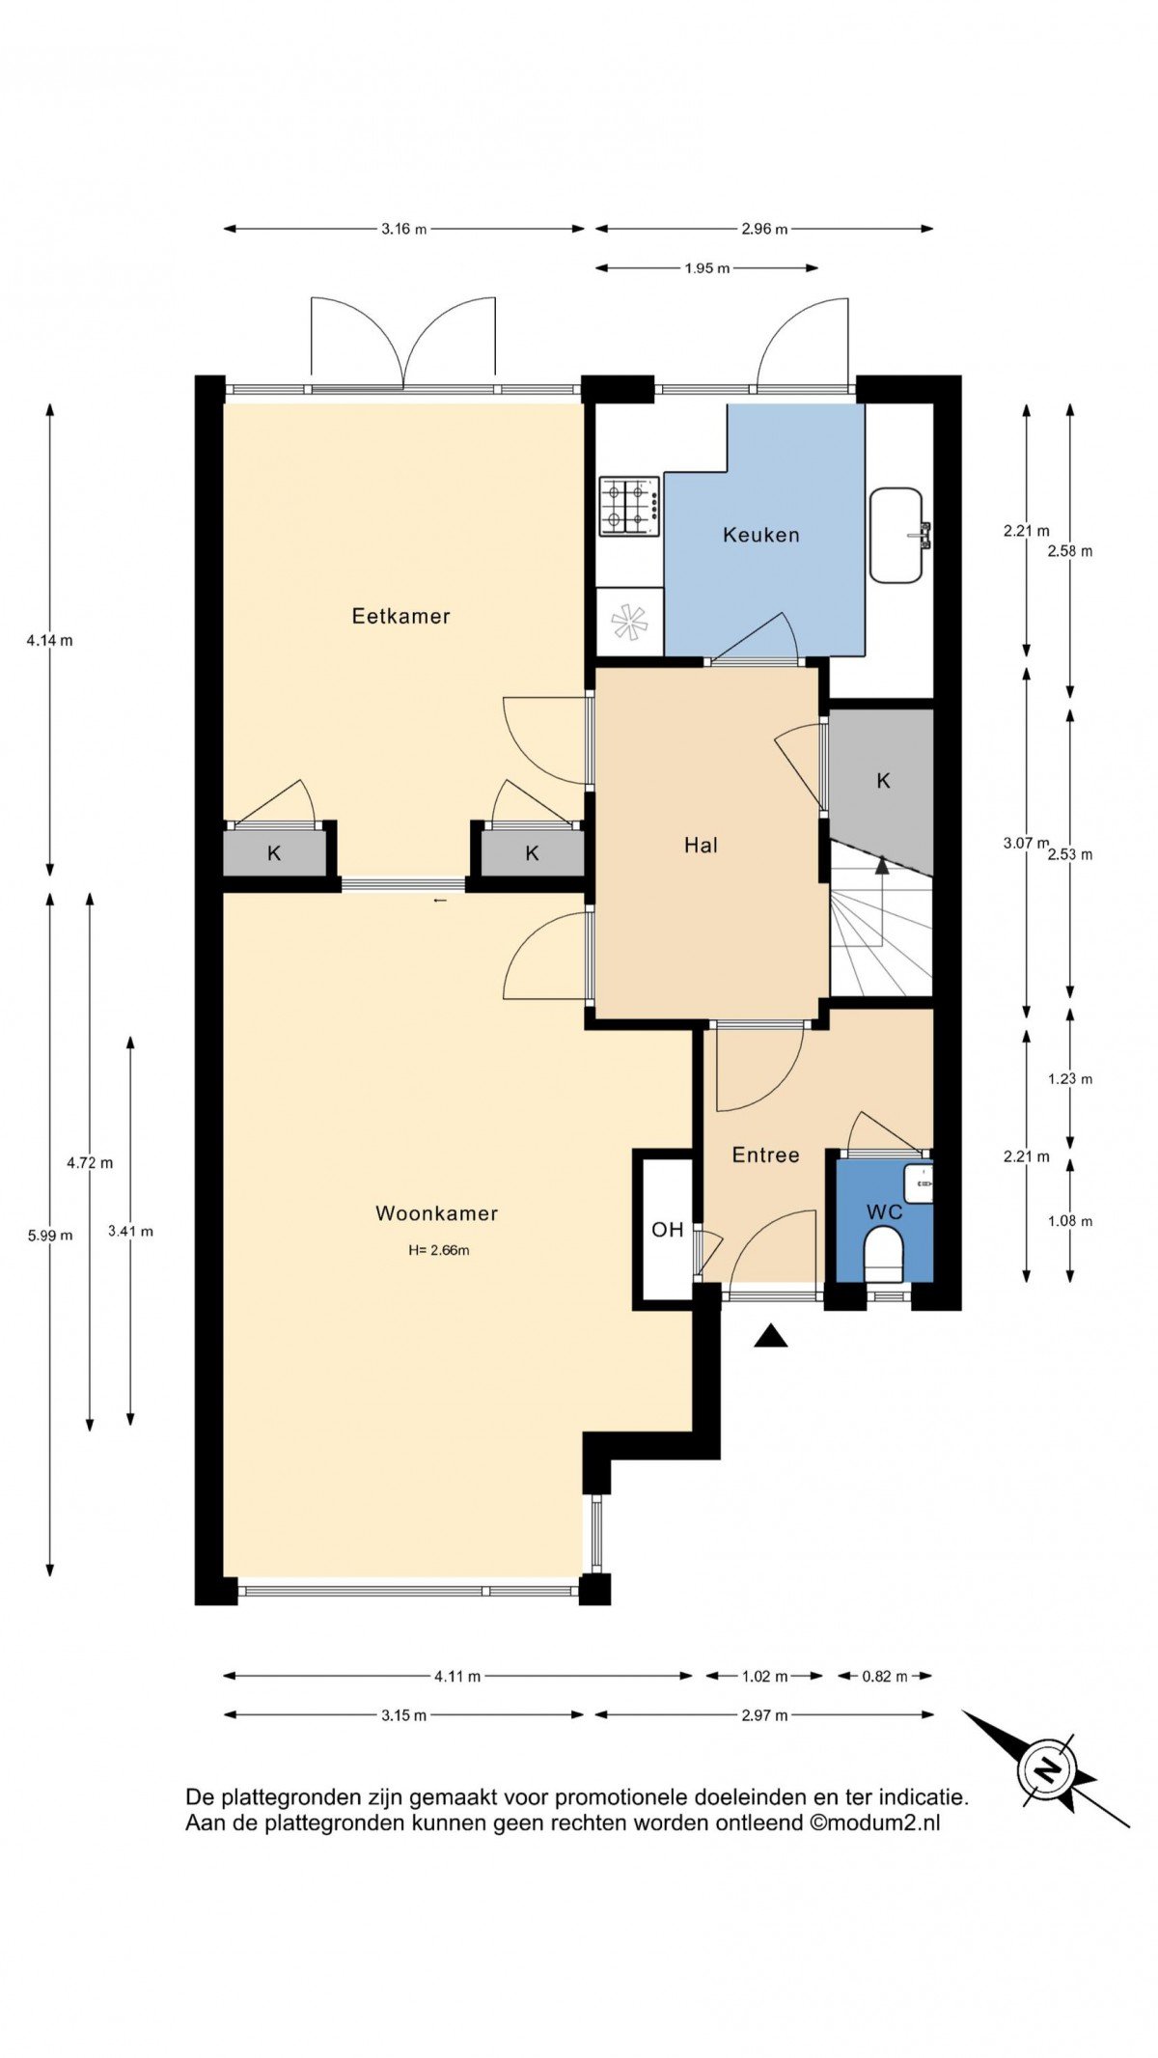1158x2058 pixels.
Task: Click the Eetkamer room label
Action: [x=400, y=616]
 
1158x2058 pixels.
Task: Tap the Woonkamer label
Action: [x=436, y=1213]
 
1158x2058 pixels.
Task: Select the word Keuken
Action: [x=761, y=535]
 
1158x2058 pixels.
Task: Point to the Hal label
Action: [x=701, y=846]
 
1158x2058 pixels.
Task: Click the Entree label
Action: [x=765, y=1154]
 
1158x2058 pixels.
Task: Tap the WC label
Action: [x=884, y=1211]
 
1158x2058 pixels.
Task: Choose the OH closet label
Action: [x=667, y=1230]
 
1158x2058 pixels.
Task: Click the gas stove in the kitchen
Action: [x=629, y=506]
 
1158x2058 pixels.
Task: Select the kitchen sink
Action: [x=897, y=536]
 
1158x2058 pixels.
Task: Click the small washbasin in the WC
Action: [x=919, y=1183]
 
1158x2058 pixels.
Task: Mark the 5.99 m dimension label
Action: [x=50, y=1235]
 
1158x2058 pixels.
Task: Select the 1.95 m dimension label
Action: [x=707, y=268]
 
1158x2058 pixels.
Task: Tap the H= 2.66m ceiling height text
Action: [x=439, y=1250]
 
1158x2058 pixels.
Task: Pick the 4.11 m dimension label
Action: [x=457, y=1676]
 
